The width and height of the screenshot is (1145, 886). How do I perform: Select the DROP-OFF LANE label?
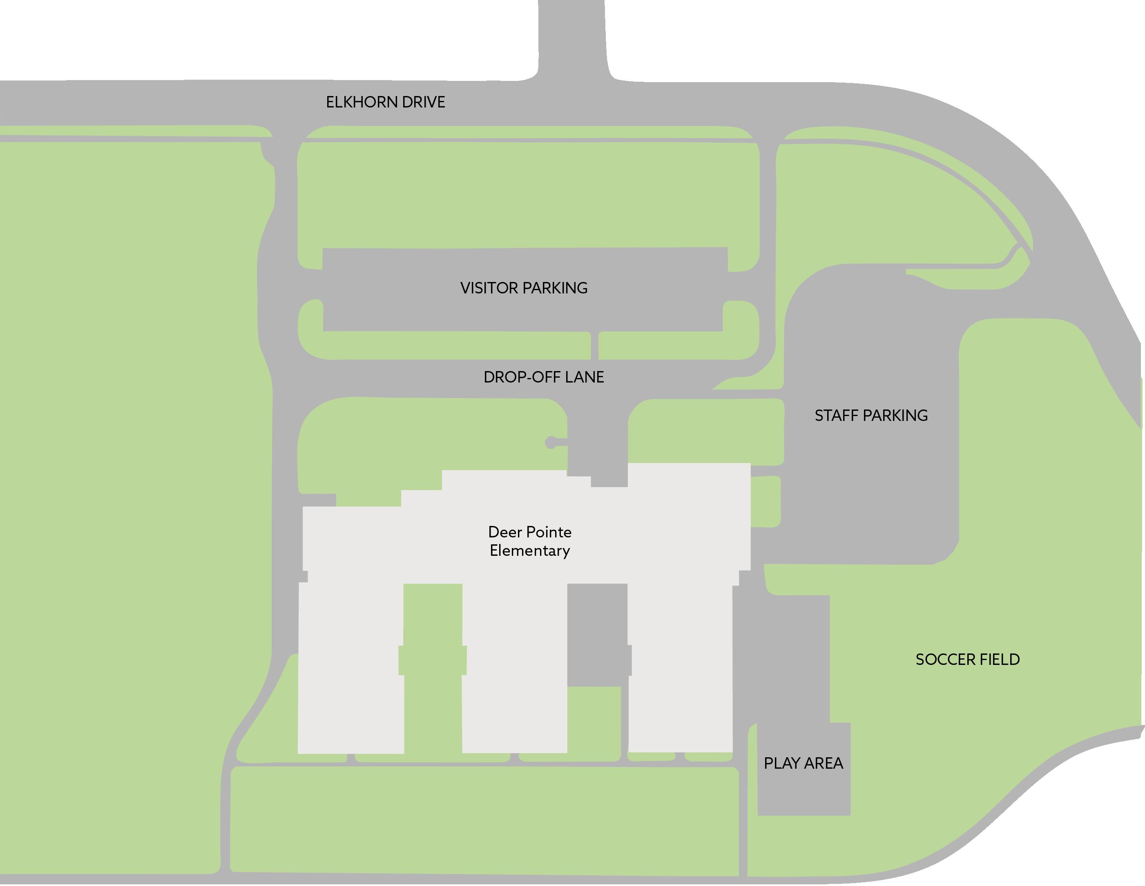544,377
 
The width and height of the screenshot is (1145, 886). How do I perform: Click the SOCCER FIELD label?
967,659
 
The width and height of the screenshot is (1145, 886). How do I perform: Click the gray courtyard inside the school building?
597,635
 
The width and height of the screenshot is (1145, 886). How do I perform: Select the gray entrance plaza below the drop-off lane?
598,446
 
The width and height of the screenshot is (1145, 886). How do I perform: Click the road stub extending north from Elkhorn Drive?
572,37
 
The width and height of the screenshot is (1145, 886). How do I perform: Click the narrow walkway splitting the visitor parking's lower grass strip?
594,346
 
